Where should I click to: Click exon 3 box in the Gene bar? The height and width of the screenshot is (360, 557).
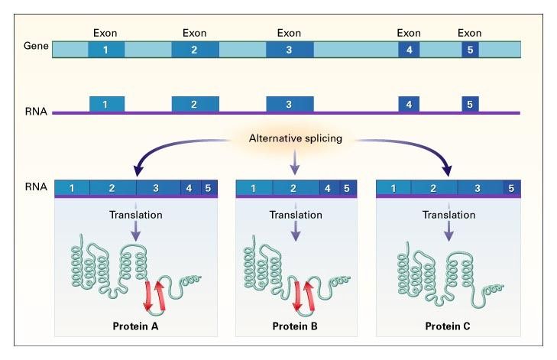[289, 50]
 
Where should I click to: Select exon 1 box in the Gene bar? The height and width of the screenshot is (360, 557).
[106, 50]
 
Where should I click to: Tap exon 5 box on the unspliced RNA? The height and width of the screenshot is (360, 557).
[470, 104]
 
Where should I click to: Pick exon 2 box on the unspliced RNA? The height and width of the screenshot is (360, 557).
[195, 104]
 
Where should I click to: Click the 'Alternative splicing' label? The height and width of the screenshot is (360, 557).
[294, 140]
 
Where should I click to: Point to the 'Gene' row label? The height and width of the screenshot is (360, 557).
[35, 47]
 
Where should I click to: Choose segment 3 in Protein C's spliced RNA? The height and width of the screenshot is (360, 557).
[478, 187]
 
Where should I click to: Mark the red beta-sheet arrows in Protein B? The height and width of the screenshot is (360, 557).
[303, 296]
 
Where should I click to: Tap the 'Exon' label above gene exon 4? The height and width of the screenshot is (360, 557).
[409, 33]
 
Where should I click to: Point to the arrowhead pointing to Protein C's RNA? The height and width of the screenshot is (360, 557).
[449, 170]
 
